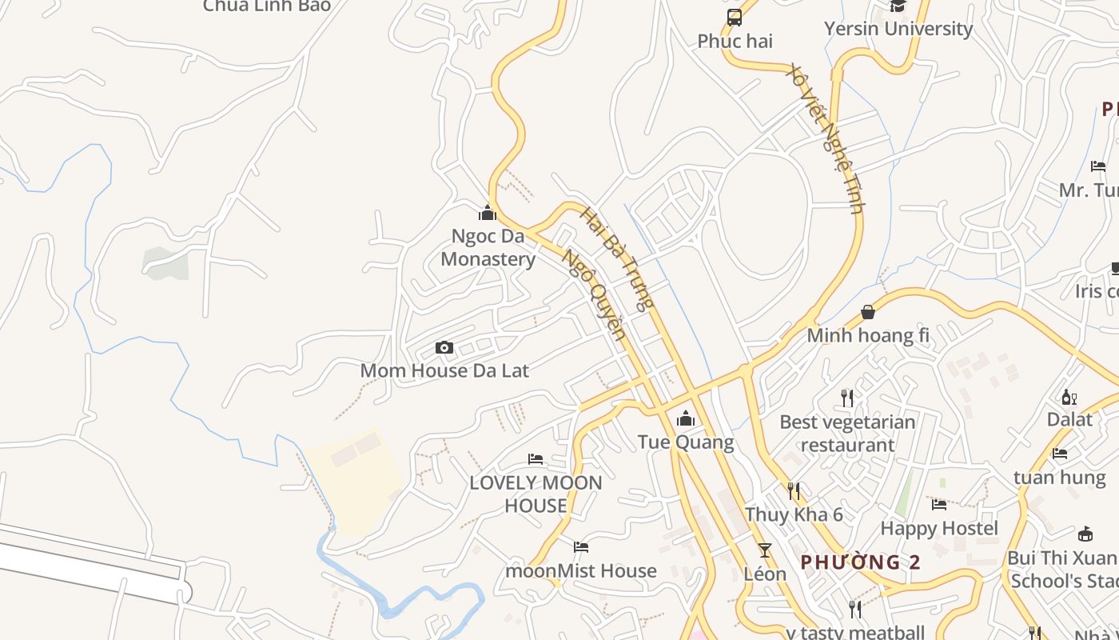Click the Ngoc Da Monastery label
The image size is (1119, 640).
(488, 248)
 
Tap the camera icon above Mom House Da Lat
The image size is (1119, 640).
(444, 347)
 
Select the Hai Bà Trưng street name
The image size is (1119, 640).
(617, 258)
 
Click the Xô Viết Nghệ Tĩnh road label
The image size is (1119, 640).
(826, 137)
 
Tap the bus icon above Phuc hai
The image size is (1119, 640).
(735, 18)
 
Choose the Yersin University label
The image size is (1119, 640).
(898, 29)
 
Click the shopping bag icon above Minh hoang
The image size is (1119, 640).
(868, 312)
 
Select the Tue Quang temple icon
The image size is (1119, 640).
(686, 418)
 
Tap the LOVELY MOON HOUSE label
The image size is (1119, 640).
(536, 494)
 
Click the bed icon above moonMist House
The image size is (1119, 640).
(581, 547)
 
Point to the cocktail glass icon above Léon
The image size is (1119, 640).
(765, 550)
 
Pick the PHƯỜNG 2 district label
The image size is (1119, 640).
(860, 562)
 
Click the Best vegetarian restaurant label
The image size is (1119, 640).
(847, 433)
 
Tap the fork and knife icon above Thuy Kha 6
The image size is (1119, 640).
(794, 490)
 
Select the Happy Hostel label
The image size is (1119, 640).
(939, 528)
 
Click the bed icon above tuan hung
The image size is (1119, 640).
(1060, 454)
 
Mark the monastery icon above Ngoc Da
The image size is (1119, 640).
(488, 213)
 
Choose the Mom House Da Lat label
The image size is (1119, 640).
(444, 370)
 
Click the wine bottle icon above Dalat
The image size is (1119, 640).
(1069, 397)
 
